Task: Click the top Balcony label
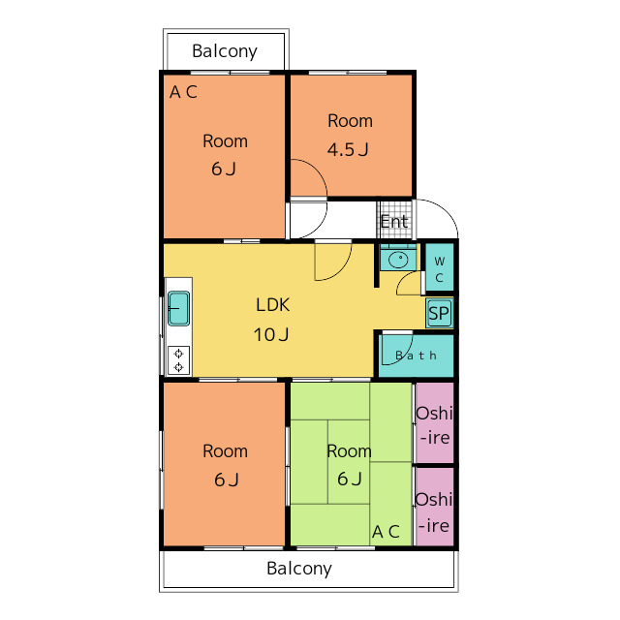click(225, 51)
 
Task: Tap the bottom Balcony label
click(299, 569)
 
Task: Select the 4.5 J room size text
click(348, 149)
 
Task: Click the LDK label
click(273, 305)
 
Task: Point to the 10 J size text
click(271, 334)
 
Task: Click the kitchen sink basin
click(178, 308)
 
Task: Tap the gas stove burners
click(178, 359)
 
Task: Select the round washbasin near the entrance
click(398, 260)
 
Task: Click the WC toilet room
click(439, 267)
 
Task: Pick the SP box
click(439, 314)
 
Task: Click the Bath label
click(416, 356)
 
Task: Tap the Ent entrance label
click(394, 222)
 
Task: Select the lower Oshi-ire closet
click(435, 507)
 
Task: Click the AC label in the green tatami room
click(386, 532)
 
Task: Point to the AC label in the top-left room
click(183, 92)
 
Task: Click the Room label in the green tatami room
click(349, 451)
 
